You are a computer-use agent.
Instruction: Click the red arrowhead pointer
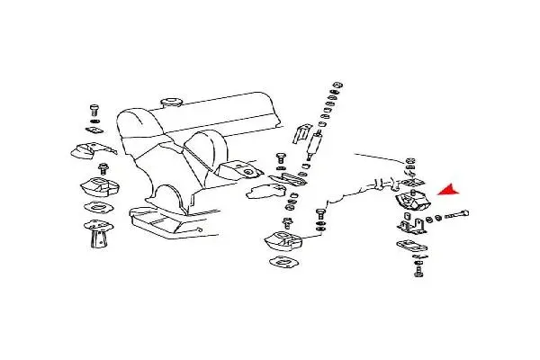[x=447, y=190]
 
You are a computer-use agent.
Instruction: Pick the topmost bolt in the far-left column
[x=94, y=111]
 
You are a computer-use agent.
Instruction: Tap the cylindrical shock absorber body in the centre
[x=317, y=141]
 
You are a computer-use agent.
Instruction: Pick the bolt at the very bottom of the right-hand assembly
[x=418, y=270]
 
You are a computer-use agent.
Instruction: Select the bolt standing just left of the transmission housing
[x=319, y=217]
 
